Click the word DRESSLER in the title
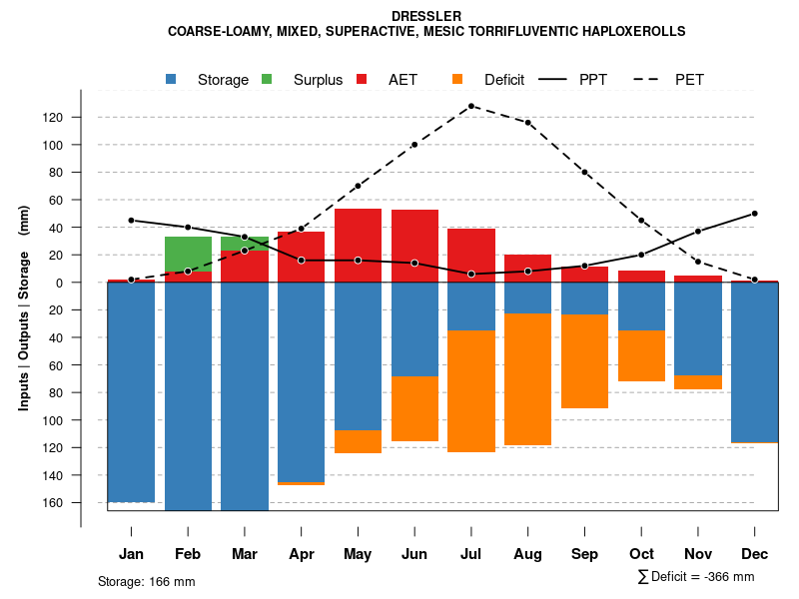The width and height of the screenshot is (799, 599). pyautogui.click(x=426, y=16)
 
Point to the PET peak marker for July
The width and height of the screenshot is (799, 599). pyautogui.click(x=470, y=106)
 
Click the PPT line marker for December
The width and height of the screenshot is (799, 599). pyautogui.click(x=754, y=213)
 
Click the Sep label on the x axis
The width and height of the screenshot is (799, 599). pyautogui.click(x=584, y=554)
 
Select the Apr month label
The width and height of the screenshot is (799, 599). pyautogui.click(x=301, y=554)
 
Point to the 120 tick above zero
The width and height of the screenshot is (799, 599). pyautogui.click(x=52, y=118)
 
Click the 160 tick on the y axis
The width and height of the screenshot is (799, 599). pyautogui.click(x=52, y=502)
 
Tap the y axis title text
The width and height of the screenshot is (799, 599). pyautogui.click(x=24, y=308)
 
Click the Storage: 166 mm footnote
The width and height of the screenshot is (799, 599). pyautogui.click(x=146, y=581)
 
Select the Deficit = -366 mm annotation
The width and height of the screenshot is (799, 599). pyautogui.click(x=695, y=577)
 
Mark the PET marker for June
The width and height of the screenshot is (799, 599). pyautogui.click(x=414, y=145)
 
